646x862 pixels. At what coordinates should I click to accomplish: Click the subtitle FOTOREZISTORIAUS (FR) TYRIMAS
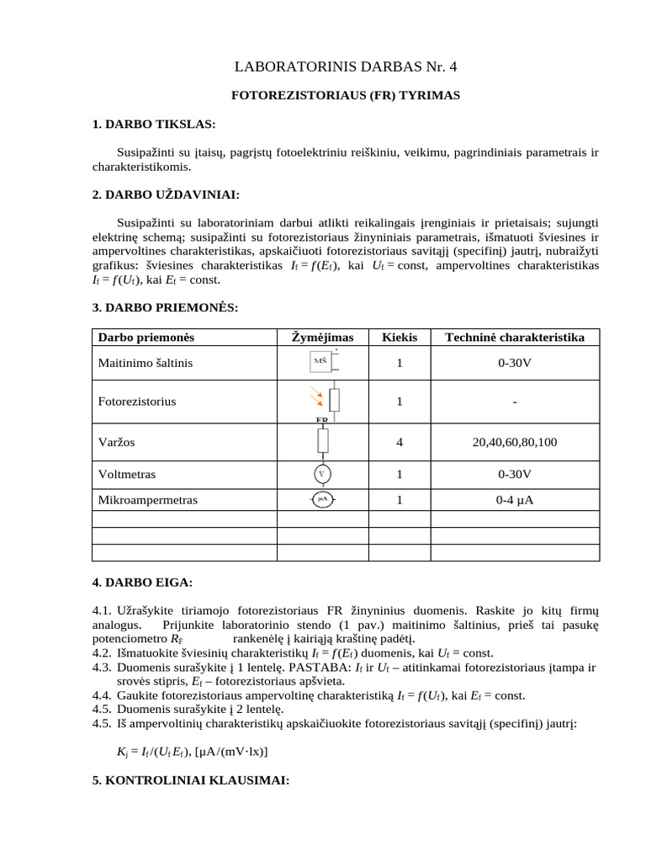pos(346,96)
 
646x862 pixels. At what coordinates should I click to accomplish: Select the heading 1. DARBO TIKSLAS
pos(154,125)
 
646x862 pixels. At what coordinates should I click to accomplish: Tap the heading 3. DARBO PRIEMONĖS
pos(165,307)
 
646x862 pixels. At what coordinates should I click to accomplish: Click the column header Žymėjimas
pos(323,338)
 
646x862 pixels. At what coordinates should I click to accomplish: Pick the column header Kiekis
pos(400,338)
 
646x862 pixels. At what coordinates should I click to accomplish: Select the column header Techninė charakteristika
pos(515,338)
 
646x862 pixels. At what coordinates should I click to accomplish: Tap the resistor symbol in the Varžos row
pos(323,441)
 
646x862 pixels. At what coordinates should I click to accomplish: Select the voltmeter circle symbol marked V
pos(321,474)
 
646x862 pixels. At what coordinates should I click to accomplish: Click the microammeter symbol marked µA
pos(322,499)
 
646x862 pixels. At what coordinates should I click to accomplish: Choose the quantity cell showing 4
pos(400,442)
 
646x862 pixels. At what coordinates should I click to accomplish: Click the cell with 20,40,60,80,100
pos(515,442)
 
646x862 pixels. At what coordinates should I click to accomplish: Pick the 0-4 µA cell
pos(515,500)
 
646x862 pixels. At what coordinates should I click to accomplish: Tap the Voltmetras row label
pos(127,475)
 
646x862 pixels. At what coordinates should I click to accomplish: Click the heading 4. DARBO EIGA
pos(142,583)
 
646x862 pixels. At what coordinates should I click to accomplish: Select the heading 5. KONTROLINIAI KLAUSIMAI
pos(190,780)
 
